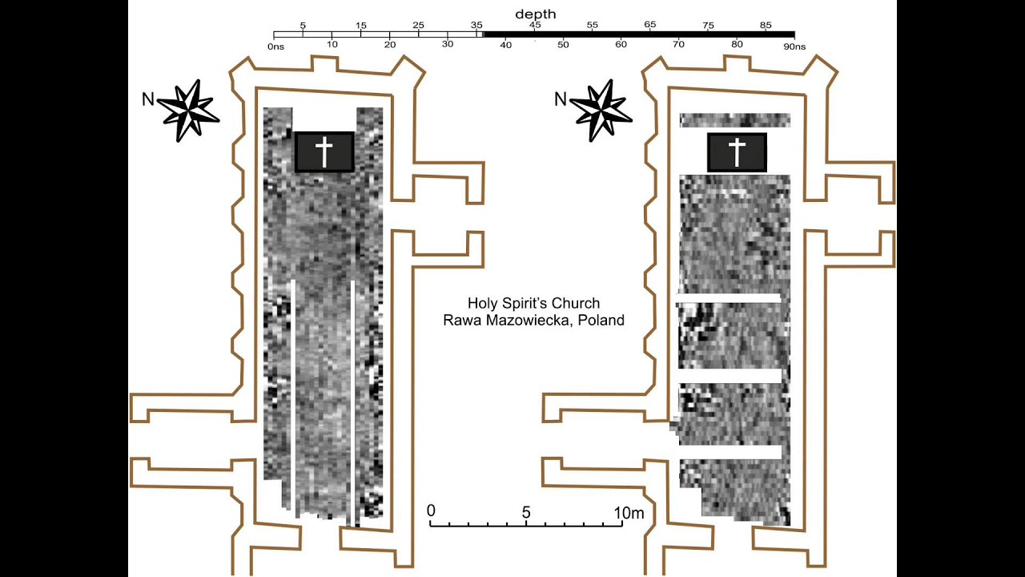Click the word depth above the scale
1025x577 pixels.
pos(535,14)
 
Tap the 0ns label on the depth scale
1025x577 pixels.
pos(276,47)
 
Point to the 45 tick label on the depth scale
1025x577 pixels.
pos(535,26)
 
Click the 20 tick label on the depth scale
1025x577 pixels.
pos(390,44)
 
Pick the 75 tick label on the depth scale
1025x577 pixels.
pos(708,26)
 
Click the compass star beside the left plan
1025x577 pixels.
pos(191,110)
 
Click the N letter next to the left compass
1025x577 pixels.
pos(147,99)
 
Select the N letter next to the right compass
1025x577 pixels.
pos(561,99)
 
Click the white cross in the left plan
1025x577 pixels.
pos(324,151)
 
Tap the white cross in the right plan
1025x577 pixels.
pos(737,152)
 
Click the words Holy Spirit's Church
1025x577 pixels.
pos(533,303)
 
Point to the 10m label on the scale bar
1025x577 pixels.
pos(629,512)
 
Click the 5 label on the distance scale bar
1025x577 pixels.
pos(526,512)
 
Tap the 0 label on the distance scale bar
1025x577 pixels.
pos(431,511)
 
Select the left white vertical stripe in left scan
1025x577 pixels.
pos(295,397)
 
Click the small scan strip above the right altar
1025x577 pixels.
pos(734,120)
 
